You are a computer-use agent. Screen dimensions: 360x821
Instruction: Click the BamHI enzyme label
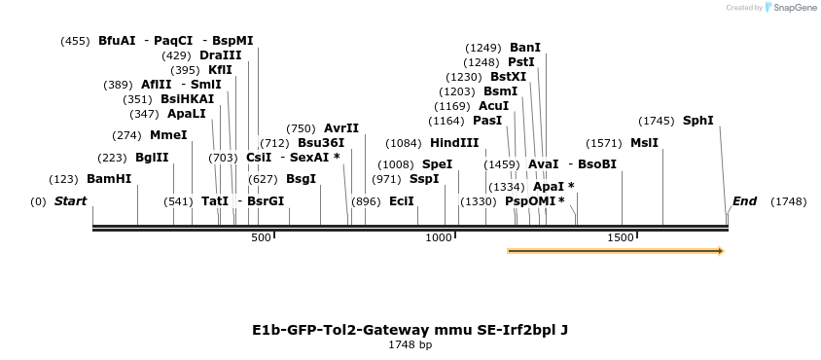(109, 179)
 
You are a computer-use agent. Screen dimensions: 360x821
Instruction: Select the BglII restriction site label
(152, 158)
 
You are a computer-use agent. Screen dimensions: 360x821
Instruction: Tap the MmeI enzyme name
(168, 135)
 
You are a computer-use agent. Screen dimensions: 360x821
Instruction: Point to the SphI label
(697, 121)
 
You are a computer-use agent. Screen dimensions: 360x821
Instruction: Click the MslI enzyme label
(644, 142)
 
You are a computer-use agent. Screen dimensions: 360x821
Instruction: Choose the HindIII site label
(454, 142)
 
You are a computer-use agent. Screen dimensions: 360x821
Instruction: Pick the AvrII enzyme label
(341, 128)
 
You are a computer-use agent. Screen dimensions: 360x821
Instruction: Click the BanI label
(525, 48)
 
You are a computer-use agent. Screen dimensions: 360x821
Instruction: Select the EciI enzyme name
(401, 201)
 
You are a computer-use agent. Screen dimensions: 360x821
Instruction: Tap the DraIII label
(220, 55)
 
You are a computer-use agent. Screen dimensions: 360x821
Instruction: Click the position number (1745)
(657, 121)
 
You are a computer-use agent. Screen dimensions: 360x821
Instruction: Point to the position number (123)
(63, 179)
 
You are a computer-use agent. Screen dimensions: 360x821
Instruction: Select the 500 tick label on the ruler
(261, 237)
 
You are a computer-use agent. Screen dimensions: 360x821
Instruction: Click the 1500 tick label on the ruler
(621, 237)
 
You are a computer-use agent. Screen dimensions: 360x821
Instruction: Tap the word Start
(70, 201)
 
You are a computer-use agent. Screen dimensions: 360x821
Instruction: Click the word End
(744, 201)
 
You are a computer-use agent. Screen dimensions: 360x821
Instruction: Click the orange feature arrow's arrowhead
(720, 251)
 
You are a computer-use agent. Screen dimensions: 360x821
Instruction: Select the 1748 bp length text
(410, 344)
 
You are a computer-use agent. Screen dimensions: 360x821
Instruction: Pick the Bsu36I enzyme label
(321, 142)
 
